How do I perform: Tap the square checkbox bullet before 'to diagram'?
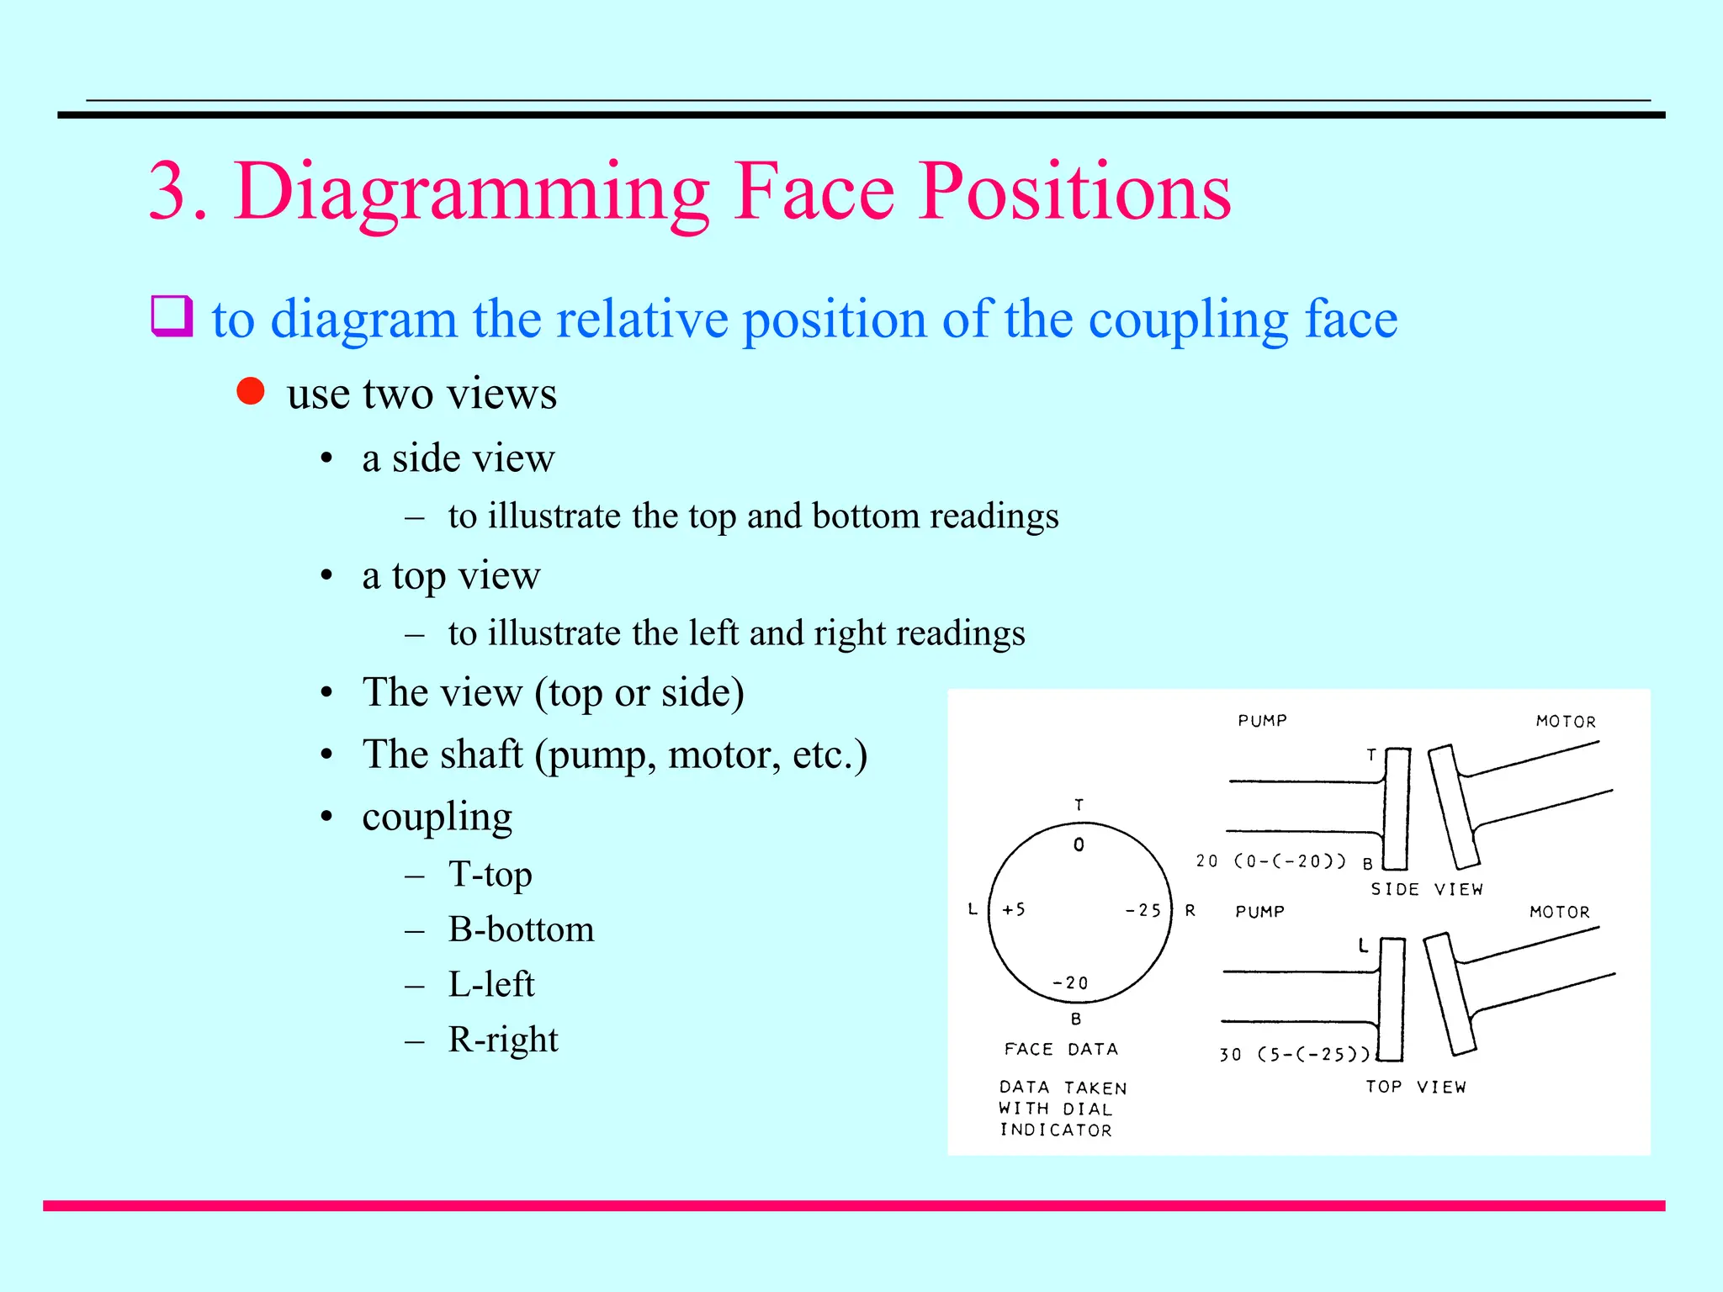(x=172, y=316)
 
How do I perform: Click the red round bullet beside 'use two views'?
(x=251, y=391)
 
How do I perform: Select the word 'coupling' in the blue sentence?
(x=1188, y=320)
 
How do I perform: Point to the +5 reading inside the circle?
(x=1014, y=909)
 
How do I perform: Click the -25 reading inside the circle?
(x=1143, y=910)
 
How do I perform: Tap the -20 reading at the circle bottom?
(x=1070, y=982)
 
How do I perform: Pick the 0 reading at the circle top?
(x=1079, y=845)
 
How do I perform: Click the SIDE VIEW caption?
(x=1427, y=889)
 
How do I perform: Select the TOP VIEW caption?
(x=1416, y=1087)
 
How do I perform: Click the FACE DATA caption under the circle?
(x=1061, y=1049)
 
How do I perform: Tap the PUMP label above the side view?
(x=1262, y=721)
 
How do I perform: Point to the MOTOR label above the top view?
(x=1559, y=912)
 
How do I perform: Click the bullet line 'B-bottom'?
(x=521, y=929)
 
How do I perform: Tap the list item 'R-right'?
(x=503, y=1040)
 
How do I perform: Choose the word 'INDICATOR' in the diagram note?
(x=1056, y=1130)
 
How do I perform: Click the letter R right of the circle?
(x=1190, y=910)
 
